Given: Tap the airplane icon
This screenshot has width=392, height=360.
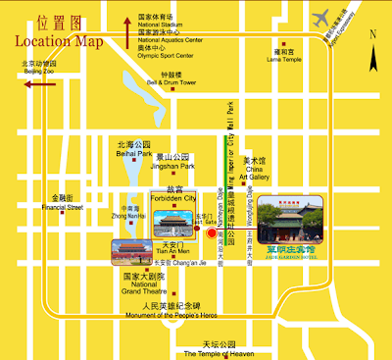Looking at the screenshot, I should [320, 18].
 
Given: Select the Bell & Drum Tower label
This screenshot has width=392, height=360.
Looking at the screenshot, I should [172, 83].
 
